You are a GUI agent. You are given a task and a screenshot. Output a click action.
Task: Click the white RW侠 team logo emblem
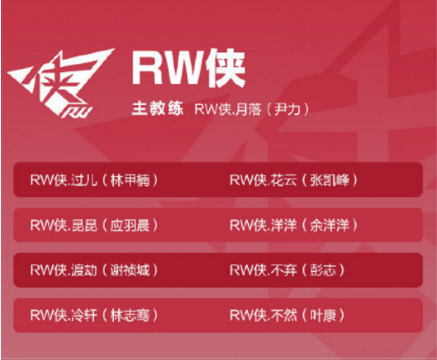pyautogui.click(x=60, y=82)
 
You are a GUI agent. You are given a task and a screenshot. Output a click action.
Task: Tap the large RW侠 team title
pyautogui.click(x=189, y=68)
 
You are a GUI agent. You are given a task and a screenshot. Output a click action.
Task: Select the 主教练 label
pyautogui.click(x=158, y=109)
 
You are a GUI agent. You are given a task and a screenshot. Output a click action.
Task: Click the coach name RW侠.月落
pyautogui.click(x=228, y=109)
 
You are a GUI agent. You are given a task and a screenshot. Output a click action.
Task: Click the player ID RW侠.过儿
pyautogui.click(x=64, y=180)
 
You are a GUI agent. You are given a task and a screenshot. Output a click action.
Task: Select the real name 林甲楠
pyautogui.click(x=130, y=180)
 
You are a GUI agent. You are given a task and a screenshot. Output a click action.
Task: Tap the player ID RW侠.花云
pyautogui.click(x=263, y=180)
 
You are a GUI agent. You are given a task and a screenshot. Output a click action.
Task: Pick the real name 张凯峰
pyautogui.click(x=330, y=180)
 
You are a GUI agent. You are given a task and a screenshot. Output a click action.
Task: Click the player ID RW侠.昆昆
pyautogui.click(x=64, y=226)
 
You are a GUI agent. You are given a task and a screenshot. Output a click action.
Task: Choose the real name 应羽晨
pyautogui.click(x=130, y=226)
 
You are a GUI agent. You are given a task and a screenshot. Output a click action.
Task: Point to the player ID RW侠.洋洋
pyautogui.click(x=263, y=226)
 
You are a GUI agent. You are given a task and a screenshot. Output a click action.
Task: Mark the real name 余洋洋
pyautogui.click(x=330, y=226)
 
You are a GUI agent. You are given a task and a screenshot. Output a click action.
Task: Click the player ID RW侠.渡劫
pyautogui.click(x=64, y=270)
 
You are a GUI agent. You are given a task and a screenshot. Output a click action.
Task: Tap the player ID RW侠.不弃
pyautogui.click(x=263, y=270)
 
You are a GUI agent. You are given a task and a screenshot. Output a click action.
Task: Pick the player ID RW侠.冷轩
pyautogui.click(x=64, y=316)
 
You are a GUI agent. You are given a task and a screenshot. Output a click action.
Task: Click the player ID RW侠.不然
pyautogui.click(x=263, y=316)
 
